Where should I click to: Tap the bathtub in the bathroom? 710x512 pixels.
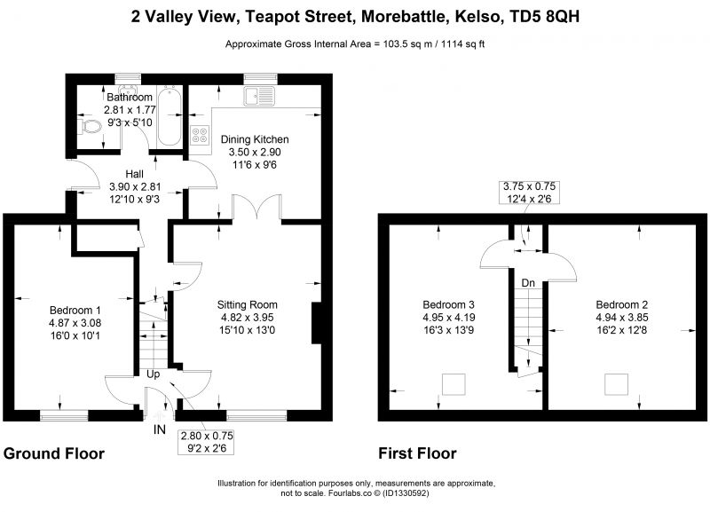pyautogui.click(x=170, y=115)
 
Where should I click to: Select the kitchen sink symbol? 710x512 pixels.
pyautogui.click(x=260, y=96)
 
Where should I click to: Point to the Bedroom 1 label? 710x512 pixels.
pyautogui.click(x=75, y=311)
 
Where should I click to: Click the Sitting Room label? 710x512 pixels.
pyautogui.click(x=248, y=304)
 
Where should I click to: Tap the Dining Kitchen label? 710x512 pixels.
pyautogui.click(x=255, y=139)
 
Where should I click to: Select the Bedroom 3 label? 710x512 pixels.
pyautogui.click(x=448, y=304)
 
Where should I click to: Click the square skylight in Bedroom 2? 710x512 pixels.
pyautogui.click(x=616, y=384)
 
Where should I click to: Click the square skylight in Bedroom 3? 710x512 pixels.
pyautogui.click(x=454, y=384)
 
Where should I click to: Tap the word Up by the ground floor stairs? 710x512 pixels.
pyautogui.click(x=153, y=374)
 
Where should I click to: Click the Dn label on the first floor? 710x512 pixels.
pyautogui.click(x=528, y=283)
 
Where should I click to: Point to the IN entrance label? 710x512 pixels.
pyautogui.click(x=160, y=429)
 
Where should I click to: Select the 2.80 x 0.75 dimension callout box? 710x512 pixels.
pyautogui.click(x=207, y=442)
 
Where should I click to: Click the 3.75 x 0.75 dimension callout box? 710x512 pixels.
pyautogui.click(x=529, y=192)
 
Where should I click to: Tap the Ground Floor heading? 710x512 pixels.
pyautogui.click(x=54, y=453)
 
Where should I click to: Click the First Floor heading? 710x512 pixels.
pyautogui.click(x=417, y=453)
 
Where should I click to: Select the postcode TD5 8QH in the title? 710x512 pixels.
pyautogui.click(x=545, y=17)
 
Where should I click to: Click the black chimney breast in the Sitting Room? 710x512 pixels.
pyautogui.click(x=317, y=324)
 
